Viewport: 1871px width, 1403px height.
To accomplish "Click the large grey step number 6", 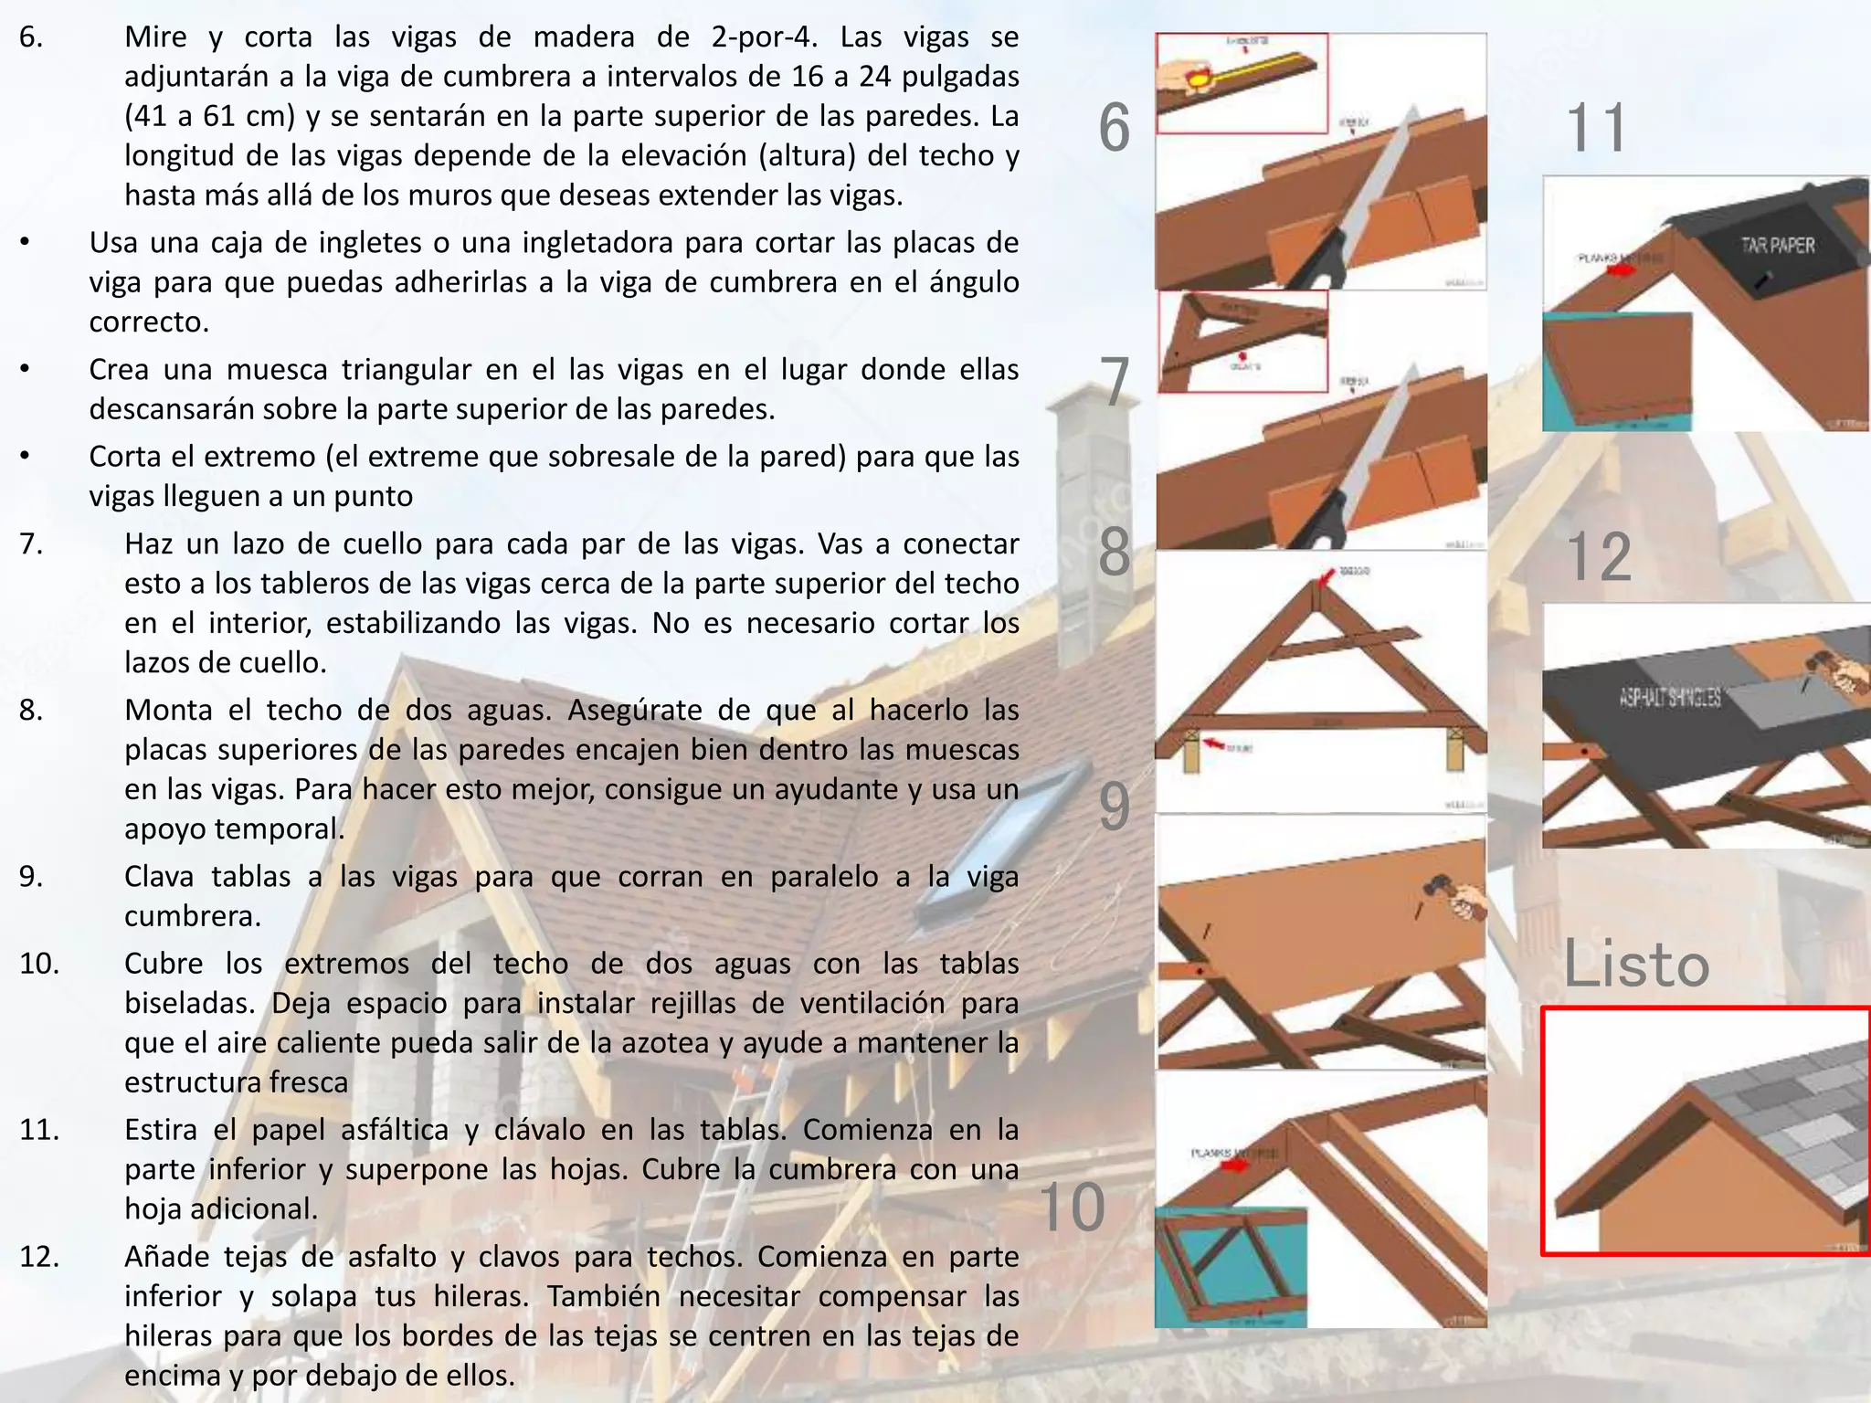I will tap(1115, 128).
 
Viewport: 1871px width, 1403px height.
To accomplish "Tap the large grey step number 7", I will tap(1115, 382).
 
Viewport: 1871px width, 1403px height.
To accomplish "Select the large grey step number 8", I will tap(1115, 552).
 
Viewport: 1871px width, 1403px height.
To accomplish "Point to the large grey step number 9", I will tap(1115, 806).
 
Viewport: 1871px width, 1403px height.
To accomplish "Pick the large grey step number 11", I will tap(1597, 128).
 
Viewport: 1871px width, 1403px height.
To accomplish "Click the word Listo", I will tap(1635, 965).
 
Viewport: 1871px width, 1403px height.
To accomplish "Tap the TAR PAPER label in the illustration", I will tap(1778, 245).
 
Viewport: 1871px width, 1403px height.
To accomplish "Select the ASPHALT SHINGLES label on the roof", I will tap(1670, 698).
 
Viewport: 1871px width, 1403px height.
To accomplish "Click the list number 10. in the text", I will tap(39, 964).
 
